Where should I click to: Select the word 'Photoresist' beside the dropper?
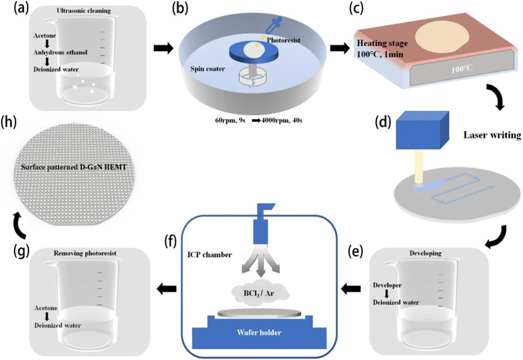[284, 40]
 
